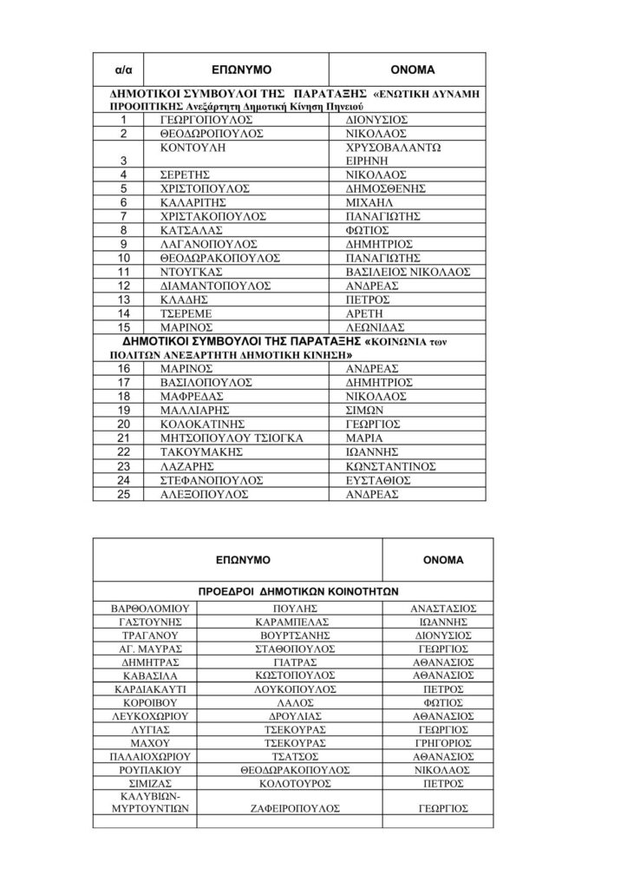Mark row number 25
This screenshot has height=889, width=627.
pos(124,493)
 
